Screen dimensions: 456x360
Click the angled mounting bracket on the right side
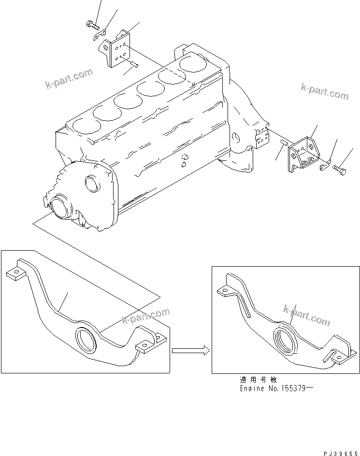pyautogui.click(x=302, y=154)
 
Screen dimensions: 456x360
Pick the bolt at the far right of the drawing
pyautogui.click(x=340, y=169)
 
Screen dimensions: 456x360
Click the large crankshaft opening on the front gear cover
pyautogui.click(x=60, y=206)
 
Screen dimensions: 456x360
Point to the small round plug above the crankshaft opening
pyautogui.click(x=91, y=183)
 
